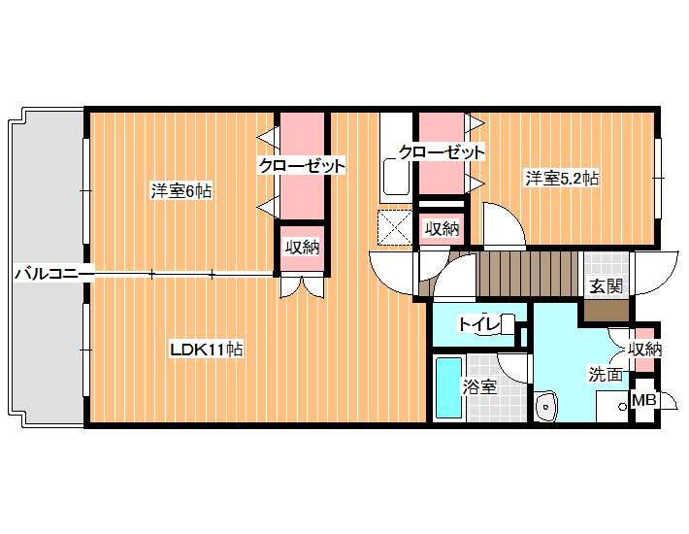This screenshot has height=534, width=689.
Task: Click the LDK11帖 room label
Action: coord(207,350)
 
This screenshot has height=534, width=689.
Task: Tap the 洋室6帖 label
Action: coord(181,191)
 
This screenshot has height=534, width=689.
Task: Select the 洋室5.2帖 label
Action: coord(562,179)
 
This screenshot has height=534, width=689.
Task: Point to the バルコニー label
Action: coord(54,274)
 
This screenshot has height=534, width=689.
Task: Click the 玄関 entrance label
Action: coord(606,286)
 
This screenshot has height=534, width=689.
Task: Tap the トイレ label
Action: coord(479,324)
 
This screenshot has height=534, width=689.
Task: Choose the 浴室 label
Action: coord(479,386)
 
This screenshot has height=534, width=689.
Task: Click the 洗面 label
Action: coord(606,375)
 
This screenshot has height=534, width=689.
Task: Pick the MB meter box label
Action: coord(643,400)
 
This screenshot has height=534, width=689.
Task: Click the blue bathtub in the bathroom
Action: coord(448,387)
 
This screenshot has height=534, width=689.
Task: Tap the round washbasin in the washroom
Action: coord(546,406)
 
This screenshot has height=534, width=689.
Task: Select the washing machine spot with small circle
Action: coord(613,406)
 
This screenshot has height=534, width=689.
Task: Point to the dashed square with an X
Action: coord(395,227)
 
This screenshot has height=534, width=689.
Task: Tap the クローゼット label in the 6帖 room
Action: coord(302,166)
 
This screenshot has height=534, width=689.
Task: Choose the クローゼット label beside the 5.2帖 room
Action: coord(442,152)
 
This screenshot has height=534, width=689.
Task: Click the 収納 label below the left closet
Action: coord(303,248)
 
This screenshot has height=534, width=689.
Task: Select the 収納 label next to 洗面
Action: coord(644,350)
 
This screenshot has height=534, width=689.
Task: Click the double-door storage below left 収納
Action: coord(303,285)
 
